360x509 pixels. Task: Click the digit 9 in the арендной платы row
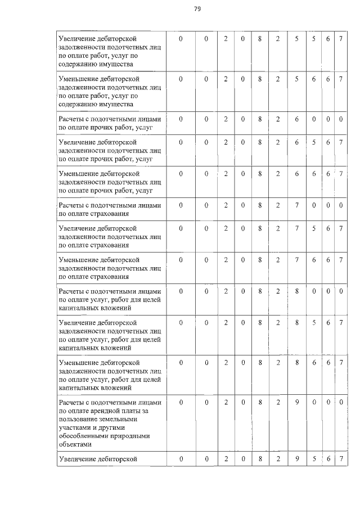[296, 403]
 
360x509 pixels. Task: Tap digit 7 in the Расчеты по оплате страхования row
[296, 205]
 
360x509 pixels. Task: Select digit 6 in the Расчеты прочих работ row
[296, 119]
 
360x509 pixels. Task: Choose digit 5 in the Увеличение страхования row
[314, 229]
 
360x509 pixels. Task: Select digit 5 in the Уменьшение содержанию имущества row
[296, 80]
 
